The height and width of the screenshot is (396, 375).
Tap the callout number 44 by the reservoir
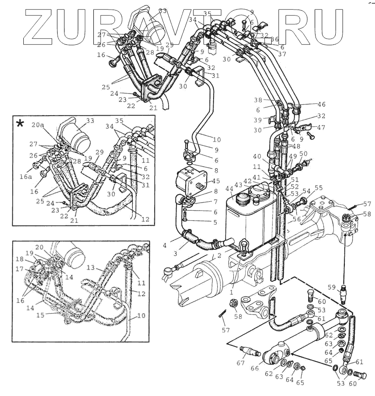click(230, 188)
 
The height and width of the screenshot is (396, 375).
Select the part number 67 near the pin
click(241, 363)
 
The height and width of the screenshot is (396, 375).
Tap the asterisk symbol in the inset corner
click(20, 124)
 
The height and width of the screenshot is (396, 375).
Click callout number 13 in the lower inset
click(91, 267)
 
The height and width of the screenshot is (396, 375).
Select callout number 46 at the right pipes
click(321, 104)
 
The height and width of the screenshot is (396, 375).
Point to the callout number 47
click(321, 128)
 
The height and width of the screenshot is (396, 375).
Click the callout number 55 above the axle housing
click(318, 187)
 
